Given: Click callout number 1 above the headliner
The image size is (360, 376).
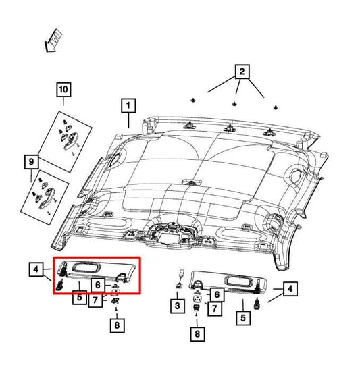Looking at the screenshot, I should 127,105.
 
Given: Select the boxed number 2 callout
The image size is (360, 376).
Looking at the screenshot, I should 241,70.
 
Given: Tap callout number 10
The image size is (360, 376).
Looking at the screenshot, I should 63,90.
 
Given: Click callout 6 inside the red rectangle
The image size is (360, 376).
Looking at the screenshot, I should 97,286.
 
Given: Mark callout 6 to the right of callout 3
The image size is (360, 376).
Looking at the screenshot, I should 216,294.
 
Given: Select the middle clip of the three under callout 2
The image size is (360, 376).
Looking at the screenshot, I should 234,103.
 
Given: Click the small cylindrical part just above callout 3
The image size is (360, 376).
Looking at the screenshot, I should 180,277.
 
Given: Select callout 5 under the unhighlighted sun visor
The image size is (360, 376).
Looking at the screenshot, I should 242,317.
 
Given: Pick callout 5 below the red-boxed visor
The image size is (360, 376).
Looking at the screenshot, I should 79,298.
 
